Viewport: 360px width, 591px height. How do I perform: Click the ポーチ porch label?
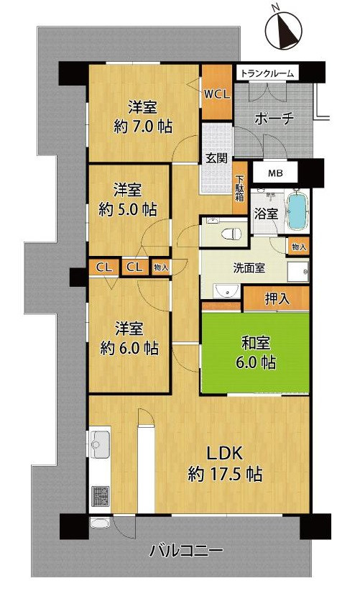(274, 120)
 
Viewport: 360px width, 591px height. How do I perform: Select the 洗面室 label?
(249, 268)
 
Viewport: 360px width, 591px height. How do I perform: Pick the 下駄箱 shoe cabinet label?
(239, 188)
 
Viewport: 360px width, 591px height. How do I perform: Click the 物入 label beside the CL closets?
(162, 267)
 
